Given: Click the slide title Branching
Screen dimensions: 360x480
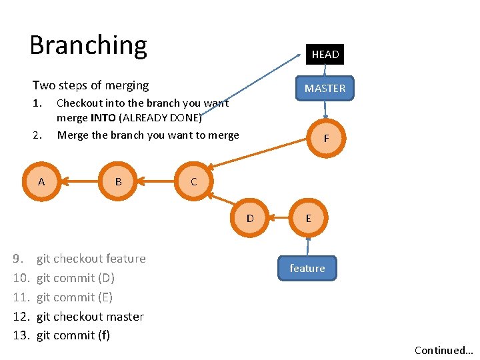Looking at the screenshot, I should point(88,45).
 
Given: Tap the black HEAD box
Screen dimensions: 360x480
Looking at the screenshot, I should point(325,54).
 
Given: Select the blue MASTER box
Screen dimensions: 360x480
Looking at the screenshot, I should point(325,88).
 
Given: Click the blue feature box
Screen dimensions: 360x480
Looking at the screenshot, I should point(307,268).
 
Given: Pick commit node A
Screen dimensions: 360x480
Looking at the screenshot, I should point(41,181).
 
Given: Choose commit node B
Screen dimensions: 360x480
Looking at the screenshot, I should point(118,181).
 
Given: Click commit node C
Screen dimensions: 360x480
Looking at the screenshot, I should point(193,181).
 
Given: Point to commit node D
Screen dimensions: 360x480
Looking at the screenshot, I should point(250,218).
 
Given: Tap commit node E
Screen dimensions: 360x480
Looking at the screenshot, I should point(307,218).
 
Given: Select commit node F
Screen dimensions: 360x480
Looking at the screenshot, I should point(326,139).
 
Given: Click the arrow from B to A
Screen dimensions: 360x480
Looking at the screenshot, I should point(79,181).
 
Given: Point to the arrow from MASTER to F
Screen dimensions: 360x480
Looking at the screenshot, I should point(325,110).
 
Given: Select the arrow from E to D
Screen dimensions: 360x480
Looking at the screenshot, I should point(279,218).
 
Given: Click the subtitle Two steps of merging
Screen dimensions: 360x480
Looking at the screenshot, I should point(91,85).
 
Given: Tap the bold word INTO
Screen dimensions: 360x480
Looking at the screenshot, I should point(103,118).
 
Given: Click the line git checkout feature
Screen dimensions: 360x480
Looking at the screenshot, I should point(91,259).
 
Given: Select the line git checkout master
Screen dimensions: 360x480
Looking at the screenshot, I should point(90,317).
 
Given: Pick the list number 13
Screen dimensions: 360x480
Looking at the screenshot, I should point(22,335).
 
